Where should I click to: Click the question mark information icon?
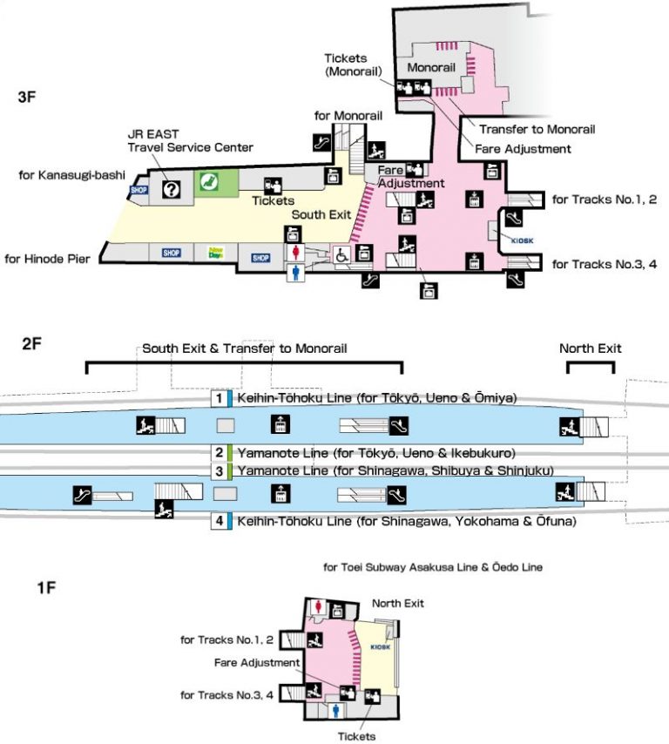point(172,188)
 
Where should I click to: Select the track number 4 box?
point(220,522)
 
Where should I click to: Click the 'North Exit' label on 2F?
point(590,348)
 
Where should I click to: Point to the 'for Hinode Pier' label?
point(49,259)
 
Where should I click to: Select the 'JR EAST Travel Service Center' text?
point(190,140)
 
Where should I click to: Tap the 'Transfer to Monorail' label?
point(537,129)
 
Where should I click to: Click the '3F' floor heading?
point(27,98)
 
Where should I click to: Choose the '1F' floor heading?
point(46,589)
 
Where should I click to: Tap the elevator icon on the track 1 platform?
point(280,425)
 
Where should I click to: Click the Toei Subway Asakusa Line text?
point(432,567)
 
